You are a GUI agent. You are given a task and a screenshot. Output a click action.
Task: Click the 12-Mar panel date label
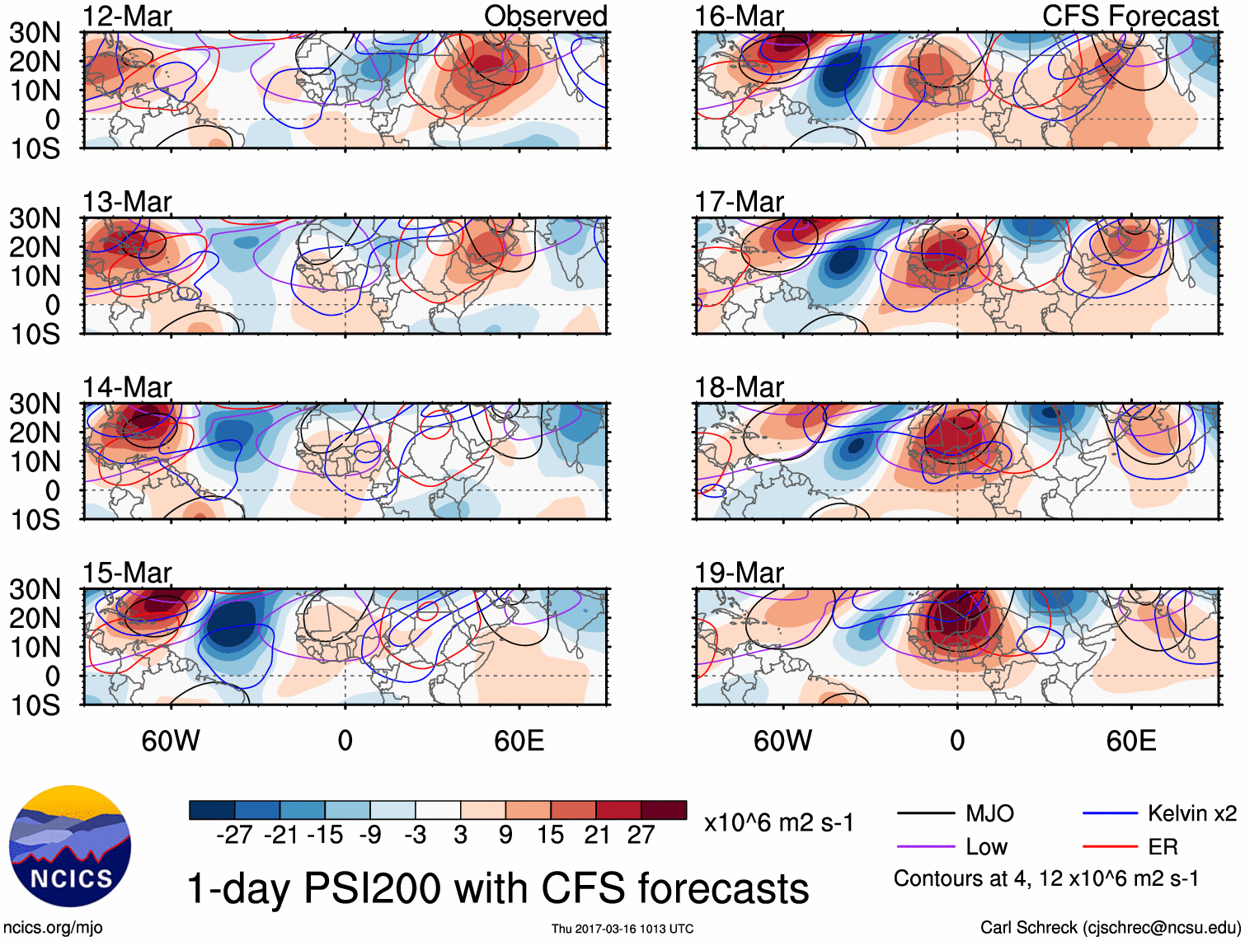(127, 16)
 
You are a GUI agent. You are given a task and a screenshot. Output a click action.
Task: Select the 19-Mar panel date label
(739, 573)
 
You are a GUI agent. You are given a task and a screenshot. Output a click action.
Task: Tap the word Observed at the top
(545, 16)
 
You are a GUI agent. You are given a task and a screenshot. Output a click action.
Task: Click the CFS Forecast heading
(1130, 16)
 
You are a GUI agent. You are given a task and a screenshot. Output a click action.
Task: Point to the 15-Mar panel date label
(127, 573)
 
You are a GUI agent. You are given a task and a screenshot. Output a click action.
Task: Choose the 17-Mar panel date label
(739, 202)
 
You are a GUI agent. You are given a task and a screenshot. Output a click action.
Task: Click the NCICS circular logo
(70, 846)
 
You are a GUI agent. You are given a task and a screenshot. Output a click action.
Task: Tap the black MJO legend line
(926, 814)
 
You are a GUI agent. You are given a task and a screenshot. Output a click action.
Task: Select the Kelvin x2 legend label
(1191, 814)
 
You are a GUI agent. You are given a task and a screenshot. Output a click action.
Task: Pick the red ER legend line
(1110, 846)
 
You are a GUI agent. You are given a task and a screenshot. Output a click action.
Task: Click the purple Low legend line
(926, 846)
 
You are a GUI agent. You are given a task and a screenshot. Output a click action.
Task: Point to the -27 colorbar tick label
(234, 836)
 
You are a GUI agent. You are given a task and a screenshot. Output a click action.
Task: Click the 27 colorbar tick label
(641, 836)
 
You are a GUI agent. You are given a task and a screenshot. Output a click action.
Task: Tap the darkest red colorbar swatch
(664, 810)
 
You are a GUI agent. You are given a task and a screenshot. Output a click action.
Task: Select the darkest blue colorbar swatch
(212, 810)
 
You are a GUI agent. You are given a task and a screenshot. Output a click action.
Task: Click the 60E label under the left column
(519, 741)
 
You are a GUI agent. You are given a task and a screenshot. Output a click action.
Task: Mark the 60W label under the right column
(782, 741)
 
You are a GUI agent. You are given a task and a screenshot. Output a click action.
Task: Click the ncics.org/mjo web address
(53, 928)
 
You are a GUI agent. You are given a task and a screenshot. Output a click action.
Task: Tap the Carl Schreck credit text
(1110, 928)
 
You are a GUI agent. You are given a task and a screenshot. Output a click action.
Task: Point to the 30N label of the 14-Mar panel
(35, 404)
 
